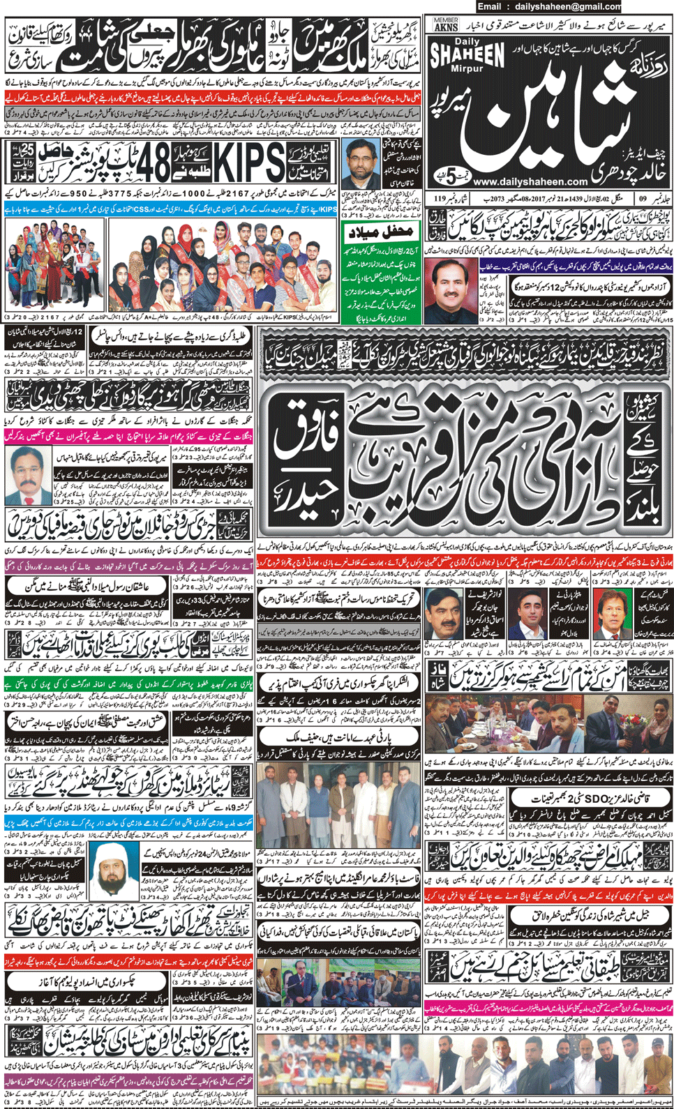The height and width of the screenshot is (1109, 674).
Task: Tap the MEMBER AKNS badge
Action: click(x=446, y=25)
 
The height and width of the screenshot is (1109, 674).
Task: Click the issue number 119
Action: click(x=440, y=199)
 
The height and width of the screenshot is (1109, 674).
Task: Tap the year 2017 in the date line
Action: click(x=548, y=199)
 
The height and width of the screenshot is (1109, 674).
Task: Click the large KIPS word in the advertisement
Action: click(x=248, y=163)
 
